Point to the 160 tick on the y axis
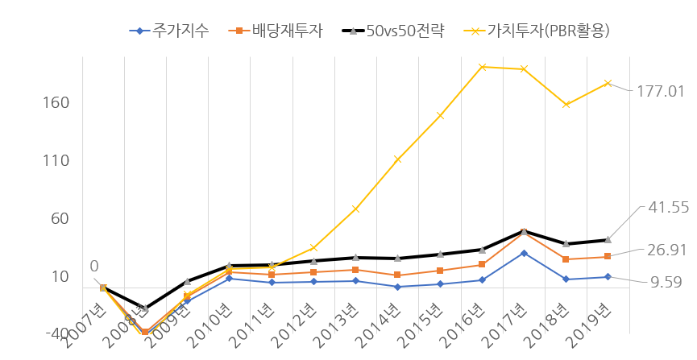56,103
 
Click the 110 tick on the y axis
56,161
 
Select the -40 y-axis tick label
56,333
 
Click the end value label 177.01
661,91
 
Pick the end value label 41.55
668,208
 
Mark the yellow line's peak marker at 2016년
482,67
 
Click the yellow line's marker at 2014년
398,159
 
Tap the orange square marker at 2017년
524,232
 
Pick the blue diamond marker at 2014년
398,287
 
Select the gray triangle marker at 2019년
608,239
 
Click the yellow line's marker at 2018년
566,104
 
